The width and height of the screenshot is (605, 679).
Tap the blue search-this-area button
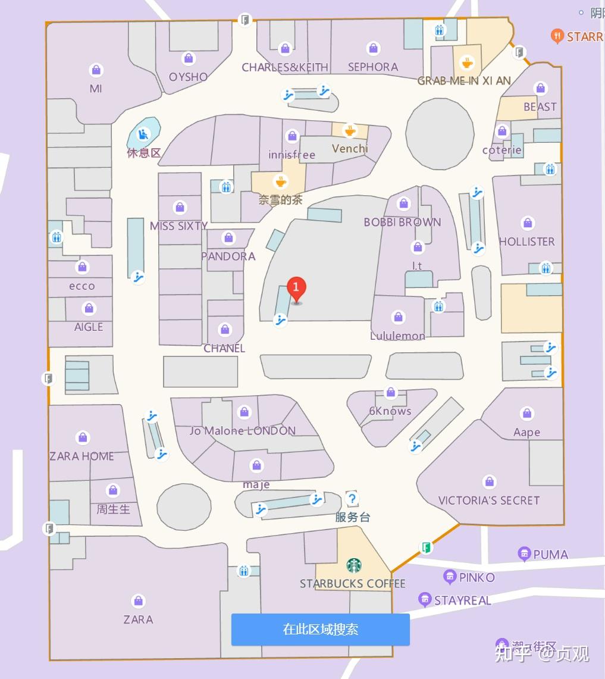(x=320, y=630)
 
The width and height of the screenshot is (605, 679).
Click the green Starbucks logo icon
(x=354, y=565)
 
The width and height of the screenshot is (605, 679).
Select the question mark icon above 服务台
(x=352, y=499)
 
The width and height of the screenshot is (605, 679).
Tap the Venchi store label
(x=350, y=148)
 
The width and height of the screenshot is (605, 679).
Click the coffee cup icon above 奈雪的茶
(x=280, y=181)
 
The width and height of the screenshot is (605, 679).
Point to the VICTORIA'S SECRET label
(x=488, y=500)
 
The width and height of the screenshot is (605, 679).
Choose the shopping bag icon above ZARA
(x=138, y=600)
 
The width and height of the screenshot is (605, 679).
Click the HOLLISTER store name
(x=526, y=242)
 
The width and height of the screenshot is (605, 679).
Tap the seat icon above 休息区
(x=143, y=134)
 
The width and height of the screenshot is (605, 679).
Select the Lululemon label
(x=397, y=336)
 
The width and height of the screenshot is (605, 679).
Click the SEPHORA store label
(x=373, y=67)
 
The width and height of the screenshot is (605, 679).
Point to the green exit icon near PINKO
(x=425, y=547)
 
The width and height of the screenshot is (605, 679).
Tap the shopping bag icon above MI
(x=96, y=70)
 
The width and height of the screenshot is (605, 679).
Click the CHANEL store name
(x=224, y=348)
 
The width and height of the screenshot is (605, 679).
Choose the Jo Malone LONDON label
(x=243, y=430)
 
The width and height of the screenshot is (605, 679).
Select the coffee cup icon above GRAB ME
(x=468, y=62)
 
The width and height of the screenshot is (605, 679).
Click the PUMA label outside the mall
(x=550, y=554)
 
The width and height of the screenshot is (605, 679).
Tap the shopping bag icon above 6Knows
(x=391, y=392)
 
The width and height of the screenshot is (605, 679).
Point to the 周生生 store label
(x=113, y=509)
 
